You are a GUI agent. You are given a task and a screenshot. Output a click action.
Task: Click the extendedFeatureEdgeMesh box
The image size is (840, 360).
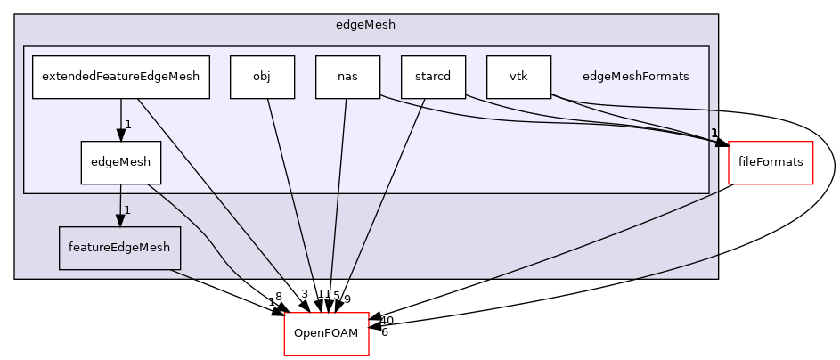coord(120,77)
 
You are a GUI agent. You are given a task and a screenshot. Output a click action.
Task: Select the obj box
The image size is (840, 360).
coord(262,77)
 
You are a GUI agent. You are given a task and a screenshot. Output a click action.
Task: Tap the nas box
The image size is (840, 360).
coord(347,77)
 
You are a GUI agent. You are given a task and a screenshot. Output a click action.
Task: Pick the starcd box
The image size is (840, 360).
coord(433,77)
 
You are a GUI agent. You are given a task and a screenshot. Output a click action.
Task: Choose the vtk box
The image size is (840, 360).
coord(518,77)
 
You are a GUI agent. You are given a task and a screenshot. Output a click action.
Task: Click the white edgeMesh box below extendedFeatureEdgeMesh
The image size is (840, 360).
coord(120,162)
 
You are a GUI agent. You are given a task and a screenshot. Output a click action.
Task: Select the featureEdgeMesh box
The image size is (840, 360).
coord(119,248)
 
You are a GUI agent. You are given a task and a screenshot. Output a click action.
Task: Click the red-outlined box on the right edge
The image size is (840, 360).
coord(771,163)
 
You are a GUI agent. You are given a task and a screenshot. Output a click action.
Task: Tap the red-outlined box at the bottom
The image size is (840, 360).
coord(326,334)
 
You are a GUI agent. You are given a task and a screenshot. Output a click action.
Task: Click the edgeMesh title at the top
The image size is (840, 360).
coord(365,25)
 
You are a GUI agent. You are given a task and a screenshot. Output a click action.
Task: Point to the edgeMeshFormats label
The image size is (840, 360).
coord(635,77)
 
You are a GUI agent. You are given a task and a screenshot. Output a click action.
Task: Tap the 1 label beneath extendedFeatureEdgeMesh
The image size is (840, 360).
coord(128,125)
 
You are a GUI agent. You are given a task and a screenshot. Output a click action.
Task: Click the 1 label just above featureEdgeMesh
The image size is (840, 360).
coord(128,210)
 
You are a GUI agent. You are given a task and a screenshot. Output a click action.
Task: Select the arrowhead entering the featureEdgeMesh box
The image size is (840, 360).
coord(120,220)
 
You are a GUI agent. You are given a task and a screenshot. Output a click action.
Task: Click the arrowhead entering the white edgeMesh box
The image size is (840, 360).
coord(120,135)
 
